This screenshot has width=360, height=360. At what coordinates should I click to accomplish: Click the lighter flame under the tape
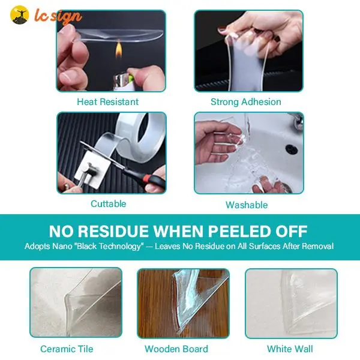pyautogui.click(x=118, y=49)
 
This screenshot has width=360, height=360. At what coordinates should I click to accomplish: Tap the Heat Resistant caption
pyautogui.click(x=107, y=102)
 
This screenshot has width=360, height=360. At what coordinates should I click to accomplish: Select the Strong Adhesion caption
pyautogui.click(x=246, y=102)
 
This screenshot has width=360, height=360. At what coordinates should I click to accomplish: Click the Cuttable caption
pyautogui.click(x=109, y=203)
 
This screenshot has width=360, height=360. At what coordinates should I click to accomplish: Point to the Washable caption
pyautogui.click(x=247, y=205)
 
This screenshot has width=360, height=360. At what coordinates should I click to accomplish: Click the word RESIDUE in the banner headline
pyautogui.click(x=113, y=231)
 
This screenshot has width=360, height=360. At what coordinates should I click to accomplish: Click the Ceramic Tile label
pyautogui.click(x=67, y=349)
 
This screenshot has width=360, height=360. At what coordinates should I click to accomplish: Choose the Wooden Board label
pyautogui.click(x=176, y=349)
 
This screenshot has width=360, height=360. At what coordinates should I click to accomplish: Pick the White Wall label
pyautogui.click(x=290, y=349)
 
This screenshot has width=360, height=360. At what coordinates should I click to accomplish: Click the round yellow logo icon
pyautogui.click(x=20, y=14)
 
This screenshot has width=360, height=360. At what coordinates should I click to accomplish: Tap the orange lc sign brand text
pyautogui.click(x=58, y=16)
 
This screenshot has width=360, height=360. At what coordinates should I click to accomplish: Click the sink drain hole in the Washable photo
pyautogui.click(x=292, y=149)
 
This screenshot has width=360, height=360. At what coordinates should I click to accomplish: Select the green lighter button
pyautogui.click(x=130, y=77)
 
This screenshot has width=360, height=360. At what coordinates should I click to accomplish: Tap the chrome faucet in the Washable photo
pyautogui.click(x=298, y=121)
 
